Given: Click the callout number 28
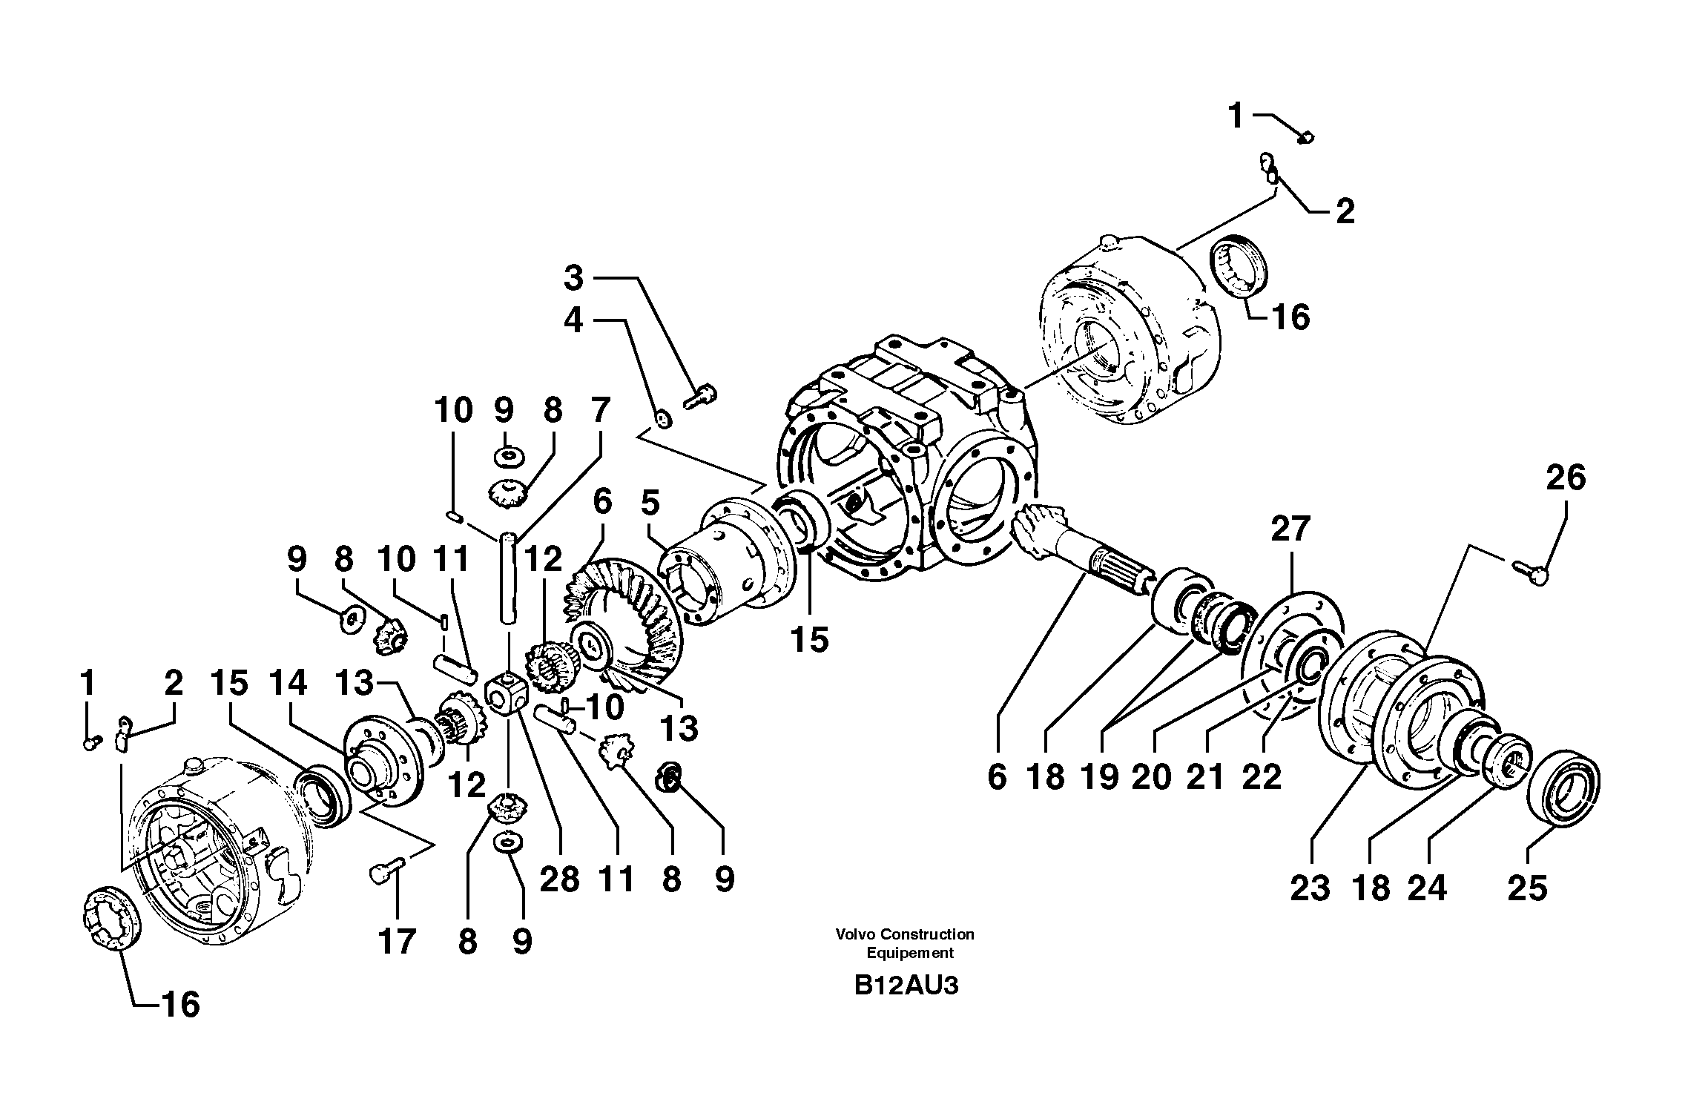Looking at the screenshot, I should tap(559, 879).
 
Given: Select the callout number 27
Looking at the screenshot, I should tap(1290, 530).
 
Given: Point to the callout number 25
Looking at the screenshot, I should tap(1528, 888).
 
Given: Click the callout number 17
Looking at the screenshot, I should tap(397, 942).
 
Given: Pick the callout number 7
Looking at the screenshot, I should tap(600, 410).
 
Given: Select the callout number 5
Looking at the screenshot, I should tap(650, 503).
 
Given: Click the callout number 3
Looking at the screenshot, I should tap(573, 278).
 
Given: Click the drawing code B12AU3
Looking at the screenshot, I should tap(906, 986).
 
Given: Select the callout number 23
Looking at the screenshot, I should tap(1310, 888).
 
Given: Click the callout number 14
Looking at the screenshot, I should tap(289, 683).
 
